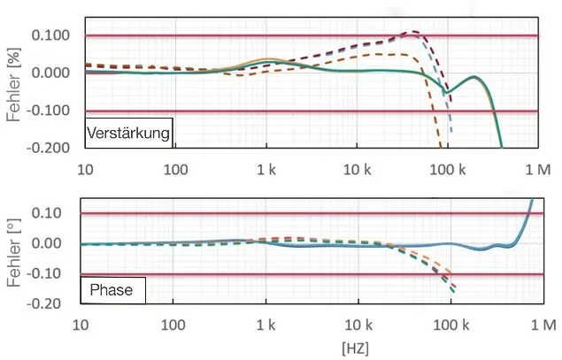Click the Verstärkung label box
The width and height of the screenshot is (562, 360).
coord(128,132)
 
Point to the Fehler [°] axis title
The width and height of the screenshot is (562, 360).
coord(12,256)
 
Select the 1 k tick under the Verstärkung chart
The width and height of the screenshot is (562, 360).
coord(266,167)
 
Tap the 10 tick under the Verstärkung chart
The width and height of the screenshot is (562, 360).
coord(85,167)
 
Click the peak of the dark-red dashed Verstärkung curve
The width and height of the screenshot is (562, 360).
coord(412,33)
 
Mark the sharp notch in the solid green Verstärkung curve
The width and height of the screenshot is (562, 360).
coord(445,93)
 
